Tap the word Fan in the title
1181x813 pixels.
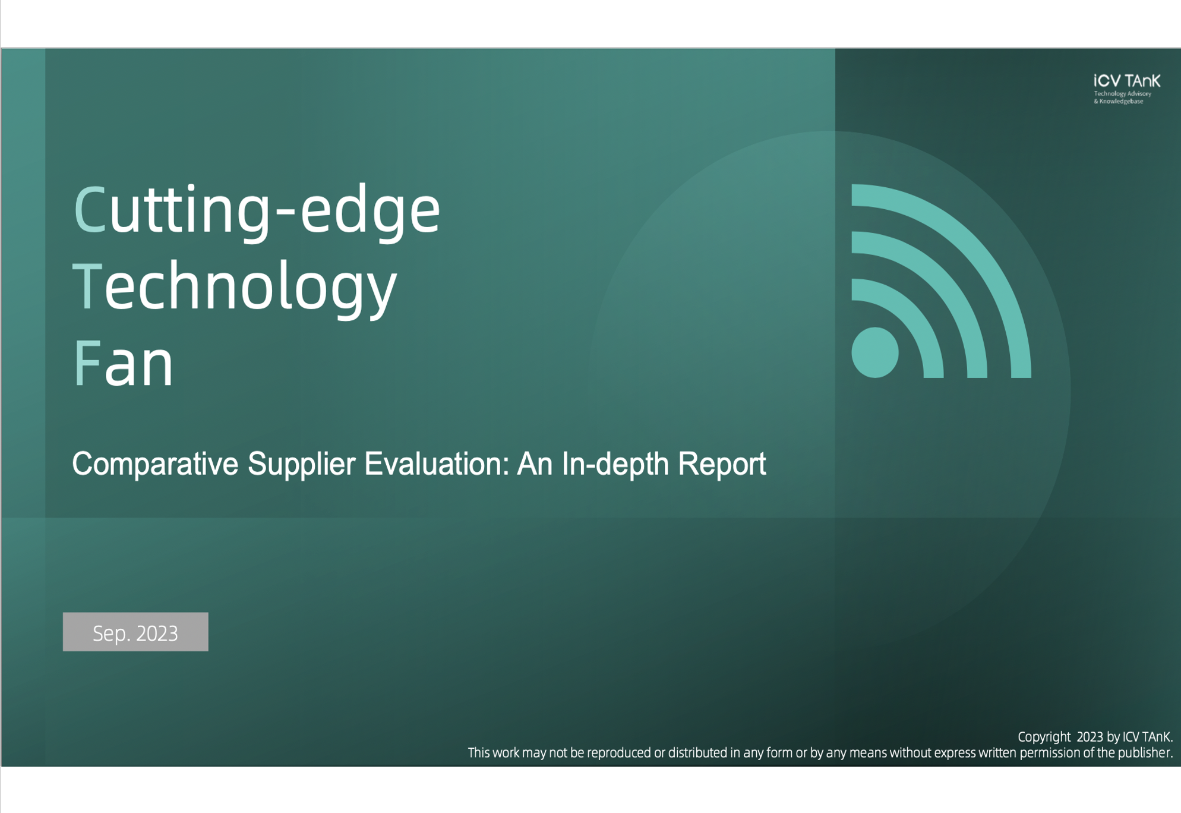[x=124, y=363]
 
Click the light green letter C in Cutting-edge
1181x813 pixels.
[x=90, y=209]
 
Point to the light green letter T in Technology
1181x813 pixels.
[x=87, y=286]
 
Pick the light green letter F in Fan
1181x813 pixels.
[x=87, y=363]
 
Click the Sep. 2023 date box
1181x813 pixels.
[x=135, y=632]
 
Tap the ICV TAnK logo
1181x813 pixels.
[x=1126, y=89]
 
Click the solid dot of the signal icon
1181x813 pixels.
[x=875, y=352]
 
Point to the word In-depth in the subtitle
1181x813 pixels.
[x=615, y=464]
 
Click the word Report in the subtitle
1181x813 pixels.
[x=722, y=464]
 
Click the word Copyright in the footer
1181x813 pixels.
[x=1044, y=737]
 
